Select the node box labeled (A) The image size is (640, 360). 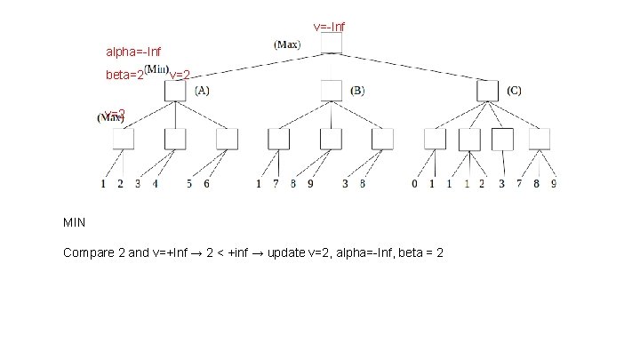click(174, 89)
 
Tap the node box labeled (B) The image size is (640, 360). click(331, 89)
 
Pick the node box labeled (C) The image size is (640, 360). click(487, 89)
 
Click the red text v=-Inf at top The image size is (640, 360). click(329, 27)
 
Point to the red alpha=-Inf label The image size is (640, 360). click(133, 53)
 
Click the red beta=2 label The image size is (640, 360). click(124, 76)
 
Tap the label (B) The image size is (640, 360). click(357, 90)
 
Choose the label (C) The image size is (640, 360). click(515, 90)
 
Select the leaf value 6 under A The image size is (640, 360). click(207, 185)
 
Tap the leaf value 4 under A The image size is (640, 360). click(156, 185)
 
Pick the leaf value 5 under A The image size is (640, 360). click(189, 185)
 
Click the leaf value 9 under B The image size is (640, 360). click(310, 185)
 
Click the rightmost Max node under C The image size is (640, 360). click(540, 139)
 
